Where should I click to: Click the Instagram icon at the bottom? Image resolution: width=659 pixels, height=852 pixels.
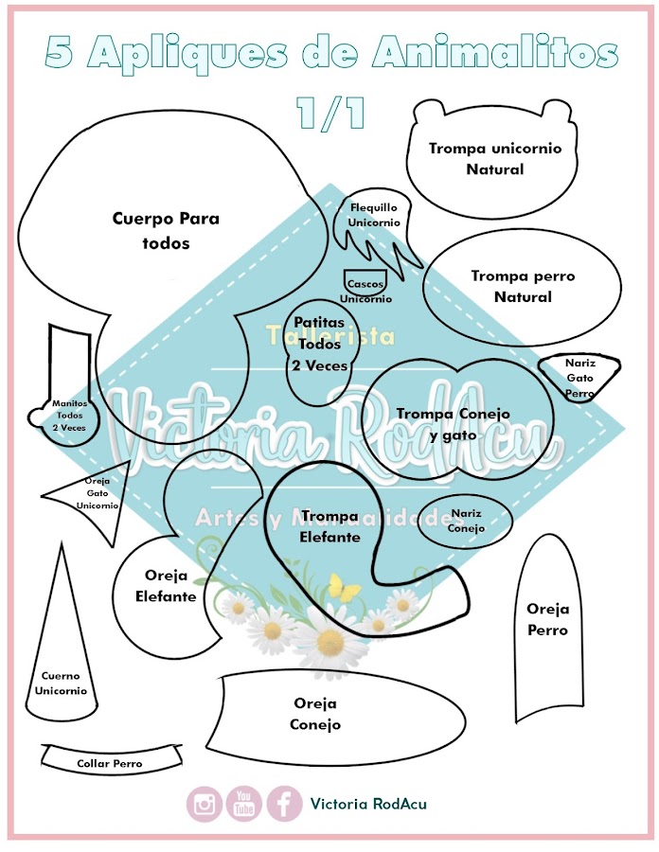204,804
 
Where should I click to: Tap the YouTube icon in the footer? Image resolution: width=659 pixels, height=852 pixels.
244,804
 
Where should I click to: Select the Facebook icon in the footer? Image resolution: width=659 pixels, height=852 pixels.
284,804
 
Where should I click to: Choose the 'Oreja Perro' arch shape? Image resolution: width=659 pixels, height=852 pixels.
547,620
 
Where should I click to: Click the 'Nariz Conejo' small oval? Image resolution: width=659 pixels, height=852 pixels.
466,521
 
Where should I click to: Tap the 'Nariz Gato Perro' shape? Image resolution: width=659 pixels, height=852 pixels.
579,378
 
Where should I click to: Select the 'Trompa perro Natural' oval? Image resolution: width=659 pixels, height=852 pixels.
523,286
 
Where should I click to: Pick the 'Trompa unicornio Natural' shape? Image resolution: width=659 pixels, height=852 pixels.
494,158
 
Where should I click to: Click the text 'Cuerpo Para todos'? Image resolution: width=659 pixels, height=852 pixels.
166,230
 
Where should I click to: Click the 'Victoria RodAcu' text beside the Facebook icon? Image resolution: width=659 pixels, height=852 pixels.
368,804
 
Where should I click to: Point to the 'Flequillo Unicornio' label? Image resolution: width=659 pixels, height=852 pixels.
374,214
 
